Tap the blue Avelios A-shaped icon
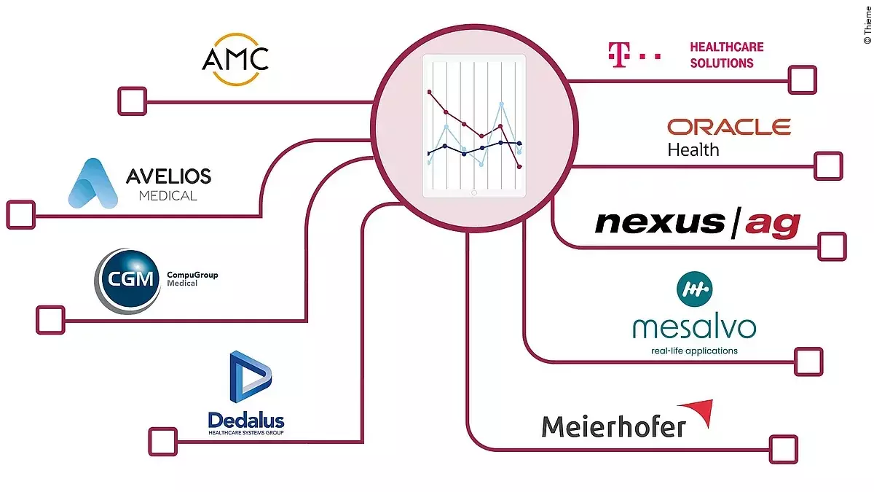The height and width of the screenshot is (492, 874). [x=92, y=183]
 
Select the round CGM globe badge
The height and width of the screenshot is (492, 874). [x=127, y=281]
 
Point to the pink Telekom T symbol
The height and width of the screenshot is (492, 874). [x=618, y=56]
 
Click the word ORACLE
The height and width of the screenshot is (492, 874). [x=728, y=128]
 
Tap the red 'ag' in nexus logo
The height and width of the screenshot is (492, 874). [x=773, y=223]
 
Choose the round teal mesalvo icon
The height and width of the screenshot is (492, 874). [x=694, y=289]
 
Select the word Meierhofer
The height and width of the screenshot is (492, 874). [x=613, y=425]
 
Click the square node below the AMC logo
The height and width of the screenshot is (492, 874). [x=132, y=101]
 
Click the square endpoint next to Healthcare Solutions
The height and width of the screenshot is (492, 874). [x=803, y=79]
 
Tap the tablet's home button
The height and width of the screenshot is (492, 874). [x=474, y=193]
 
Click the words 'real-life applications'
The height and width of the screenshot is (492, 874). [x=694, y=351]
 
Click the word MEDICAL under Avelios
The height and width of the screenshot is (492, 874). [x=168, y=195]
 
